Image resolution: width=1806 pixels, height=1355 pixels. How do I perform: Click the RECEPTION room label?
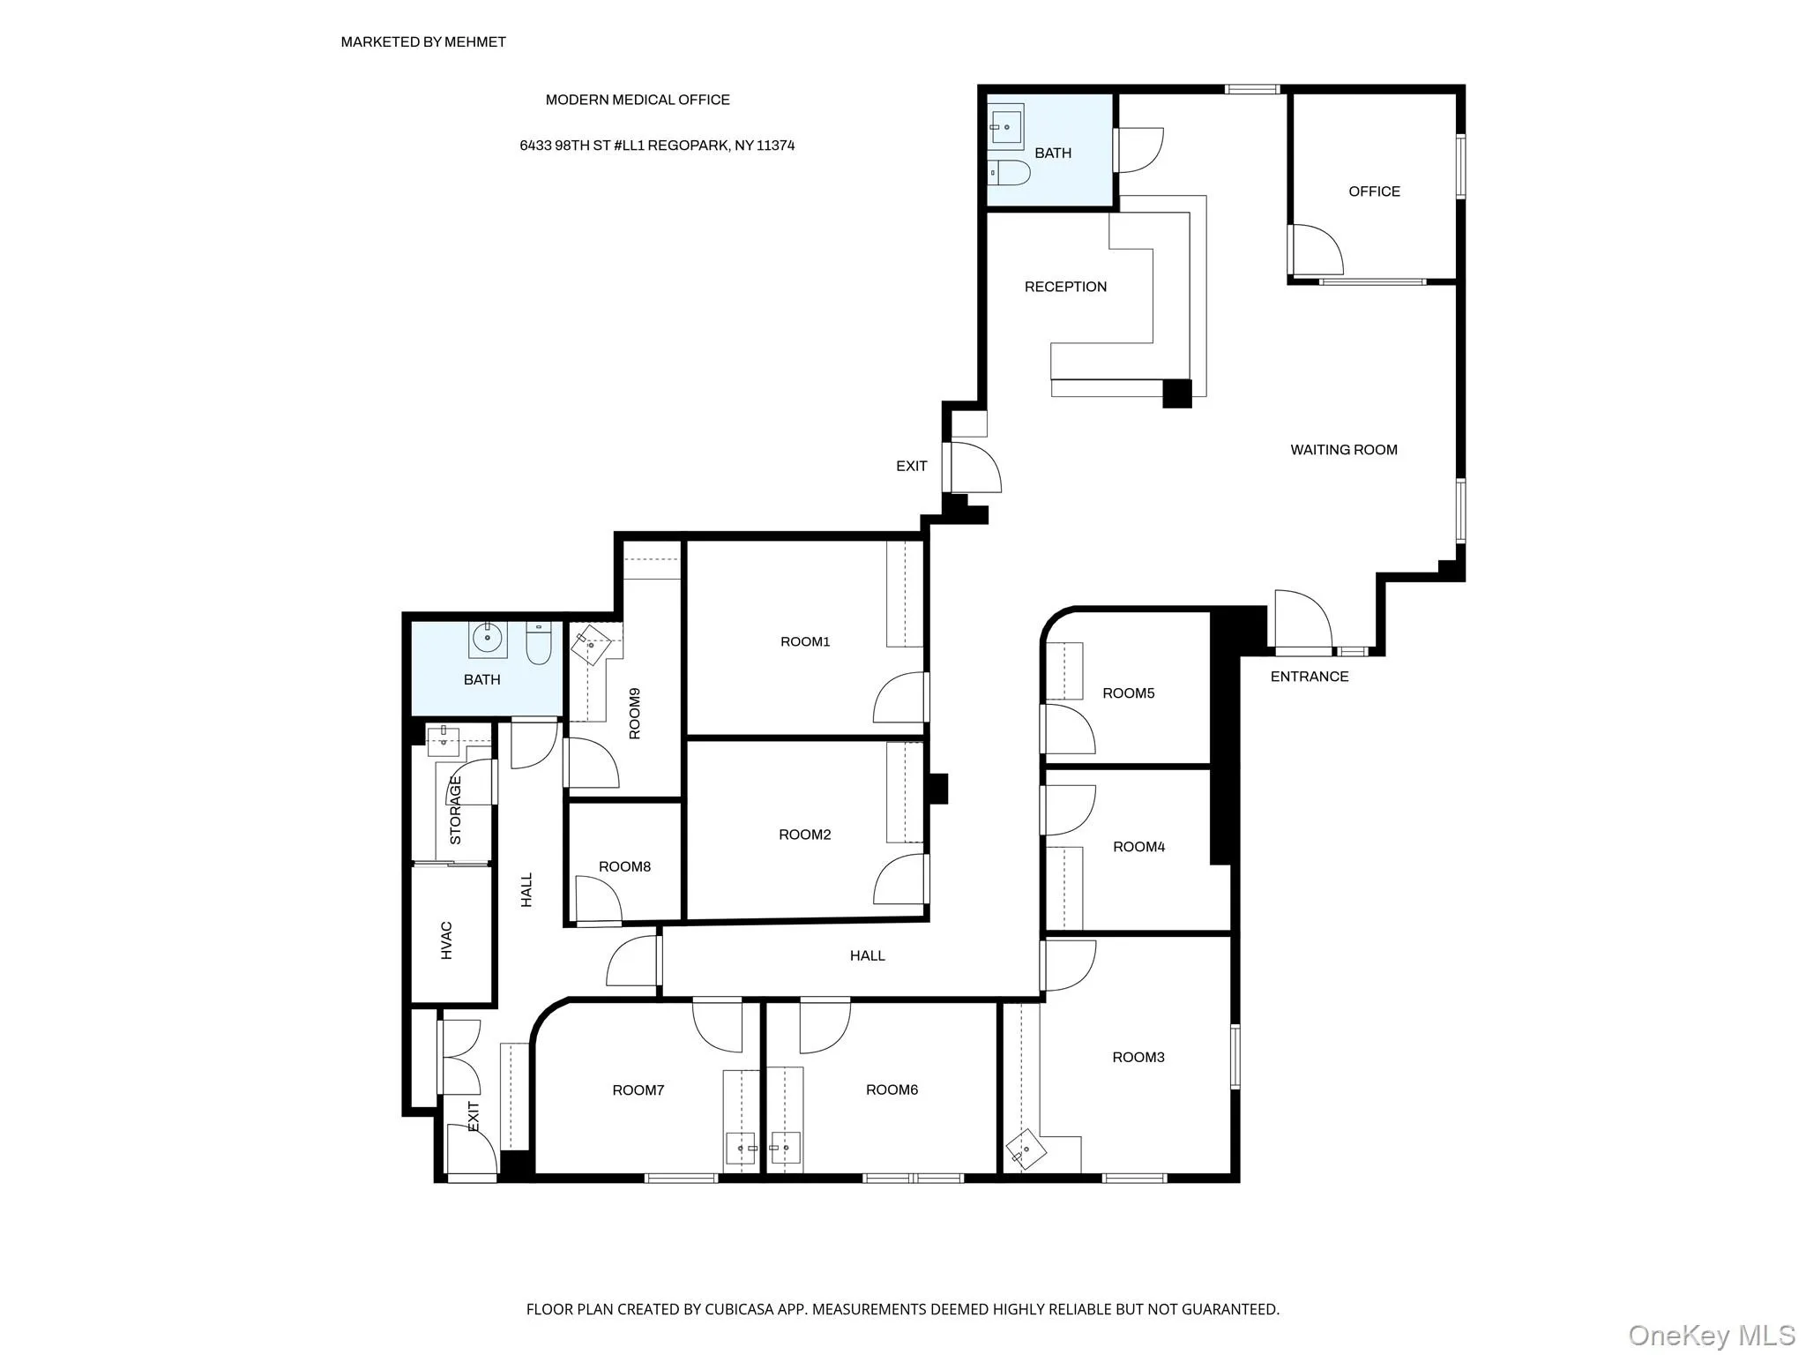[1065, 287]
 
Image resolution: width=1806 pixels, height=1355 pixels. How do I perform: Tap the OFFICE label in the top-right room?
[1374, 191]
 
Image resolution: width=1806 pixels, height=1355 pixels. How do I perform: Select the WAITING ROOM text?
[1343, 450]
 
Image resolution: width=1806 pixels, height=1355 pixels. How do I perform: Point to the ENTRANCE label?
[1309, 677]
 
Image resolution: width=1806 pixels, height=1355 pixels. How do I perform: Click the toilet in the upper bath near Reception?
[1010, 173]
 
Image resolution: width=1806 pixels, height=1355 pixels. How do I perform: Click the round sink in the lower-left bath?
[487, 637]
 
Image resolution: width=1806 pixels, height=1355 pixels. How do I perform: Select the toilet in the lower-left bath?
[538, 644]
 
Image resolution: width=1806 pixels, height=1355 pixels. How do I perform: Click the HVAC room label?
[447, 940]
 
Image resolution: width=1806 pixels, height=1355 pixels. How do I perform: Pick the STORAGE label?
[456, 809]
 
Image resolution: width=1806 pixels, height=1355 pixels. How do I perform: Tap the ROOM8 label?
[624, 866]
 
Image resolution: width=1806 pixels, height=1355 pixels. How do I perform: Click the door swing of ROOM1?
[899, 699]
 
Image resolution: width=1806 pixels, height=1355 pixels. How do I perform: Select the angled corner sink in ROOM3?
[1025, 1149]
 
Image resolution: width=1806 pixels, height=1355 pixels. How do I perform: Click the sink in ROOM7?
[742, 1149]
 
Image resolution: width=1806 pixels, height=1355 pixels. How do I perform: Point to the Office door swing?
[1316, 250]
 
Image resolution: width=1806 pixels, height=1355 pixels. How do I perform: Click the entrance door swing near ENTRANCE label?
[1302, 619]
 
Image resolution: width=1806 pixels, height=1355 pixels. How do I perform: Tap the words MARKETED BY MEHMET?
[423, 41]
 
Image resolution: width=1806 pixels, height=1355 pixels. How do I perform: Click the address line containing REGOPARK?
[657, 146]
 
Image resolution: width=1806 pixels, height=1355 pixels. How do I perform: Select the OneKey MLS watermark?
[1711, 1335]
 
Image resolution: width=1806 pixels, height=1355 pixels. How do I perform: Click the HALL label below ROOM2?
[867, 955]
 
